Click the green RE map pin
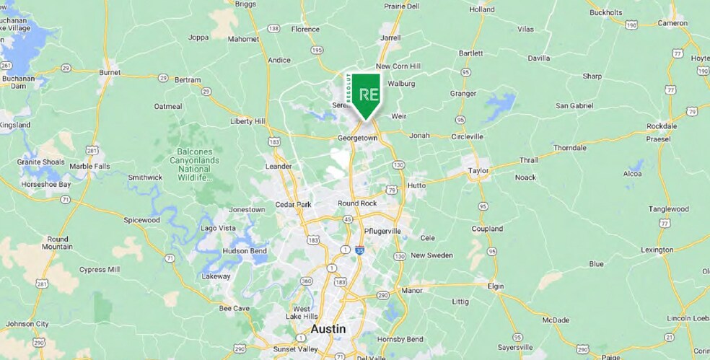[x=366, y=95]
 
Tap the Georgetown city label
[x=357, y=137]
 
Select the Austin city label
[x=328, y=329]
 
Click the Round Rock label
[x=357, y=203]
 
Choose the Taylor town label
[x=478, y=171]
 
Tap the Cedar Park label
[x=293, y=204]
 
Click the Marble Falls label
[x=89, y=167]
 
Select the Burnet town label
[x=109, y=72]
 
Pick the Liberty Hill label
[x=247, y=121]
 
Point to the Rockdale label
[x=662, y=126]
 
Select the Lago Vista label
[x=218, y=228]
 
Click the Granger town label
[x=463, y=93]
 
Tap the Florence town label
[x=304, y=30]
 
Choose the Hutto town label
[x=416, y=185]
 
